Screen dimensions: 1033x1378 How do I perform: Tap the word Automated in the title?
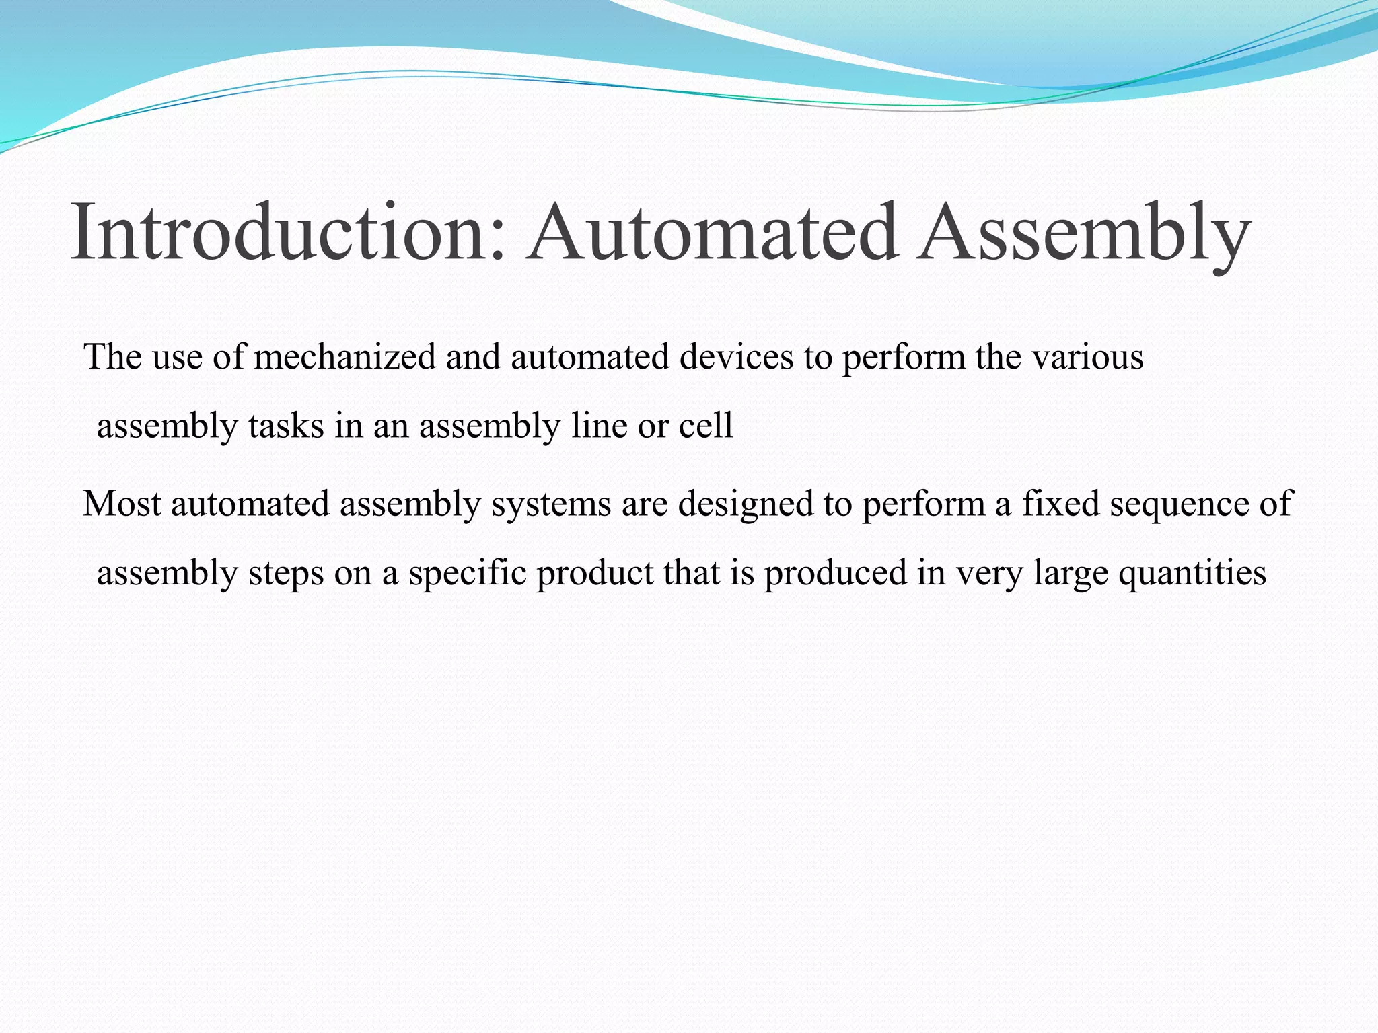pyautogui.click(x=713, y=232)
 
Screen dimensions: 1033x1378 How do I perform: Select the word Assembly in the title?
pyautogui.click(x=1084, y=232)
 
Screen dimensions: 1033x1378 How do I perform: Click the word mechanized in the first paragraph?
pyautogui.click(x=344, y=356)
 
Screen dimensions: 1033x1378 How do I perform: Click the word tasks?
pyautogui.click(x=286, y=426)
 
